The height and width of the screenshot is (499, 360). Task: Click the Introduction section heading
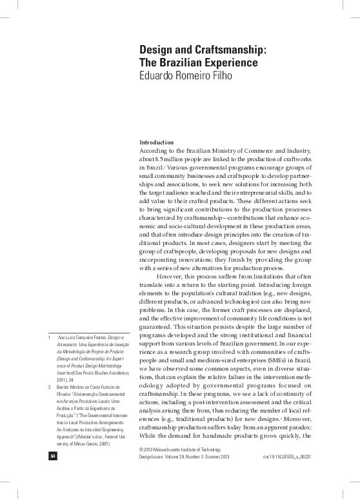click(156, 142)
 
